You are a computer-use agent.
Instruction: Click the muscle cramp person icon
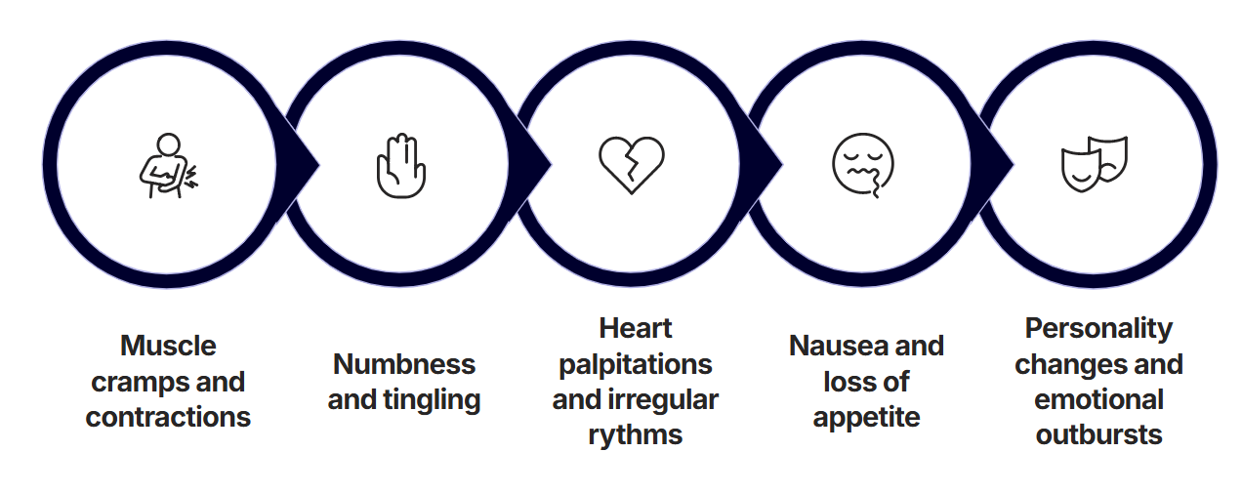pos(168,165)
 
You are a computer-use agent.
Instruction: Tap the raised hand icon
pos(400,166)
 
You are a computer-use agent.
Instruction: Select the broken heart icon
pos(632,164)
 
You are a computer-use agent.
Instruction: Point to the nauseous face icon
pos(863,164)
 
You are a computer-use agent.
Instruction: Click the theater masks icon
pos(1095,164)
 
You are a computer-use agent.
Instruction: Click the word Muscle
pos(168,346)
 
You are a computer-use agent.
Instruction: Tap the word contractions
pos(168,417)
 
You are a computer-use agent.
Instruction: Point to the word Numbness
pos(404,364)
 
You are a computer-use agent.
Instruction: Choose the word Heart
pos(636,328)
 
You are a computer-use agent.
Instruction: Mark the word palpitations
pos(636,364)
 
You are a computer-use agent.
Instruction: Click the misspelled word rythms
pos(636,435)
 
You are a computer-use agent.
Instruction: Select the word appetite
pos(866,417)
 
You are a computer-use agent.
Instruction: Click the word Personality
pos(1098,328)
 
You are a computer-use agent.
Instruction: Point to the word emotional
pos(1098,399)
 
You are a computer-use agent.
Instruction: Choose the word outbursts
pos(1098,435)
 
